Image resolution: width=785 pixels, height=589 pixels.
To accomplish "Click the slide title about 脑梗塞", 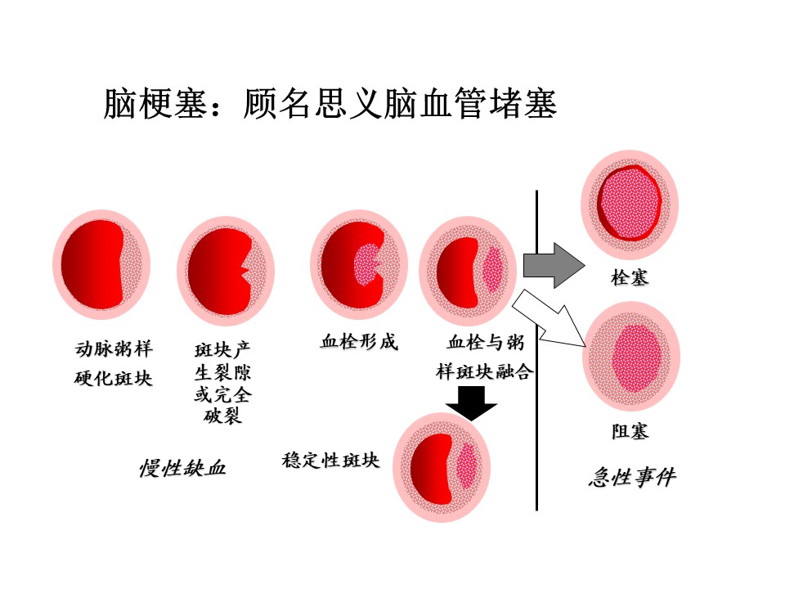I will (x=330, y=104).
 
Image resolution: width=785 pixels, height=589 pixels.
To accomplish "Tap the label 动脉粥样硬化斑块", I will (x=114, y=364).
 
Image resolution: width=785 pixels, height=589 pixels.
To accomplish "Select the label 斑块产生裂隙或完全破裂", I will (x=222, y=384).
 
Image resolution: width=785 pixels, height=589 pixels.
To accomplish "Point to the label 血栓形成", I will (x=359, y=342).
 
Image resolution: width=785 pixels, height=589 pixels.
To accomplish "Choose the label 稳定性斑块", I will (x=331, y=460).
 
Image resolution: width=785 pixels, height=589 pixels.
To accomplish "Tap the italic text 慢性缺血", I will (x=182, y=468).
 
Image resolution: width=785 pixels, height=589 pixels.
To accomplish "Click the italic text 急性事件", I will (x=632, y=477).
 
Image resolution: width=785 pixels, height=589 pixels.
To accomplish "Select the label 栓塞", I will (x=630, y=278).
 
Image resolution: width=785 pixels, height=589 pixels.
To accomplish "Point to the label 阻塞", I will (x=630, y=431).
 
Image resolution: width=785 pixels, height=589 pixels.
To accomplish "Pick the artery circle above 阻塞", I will (x=630, y=357).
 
